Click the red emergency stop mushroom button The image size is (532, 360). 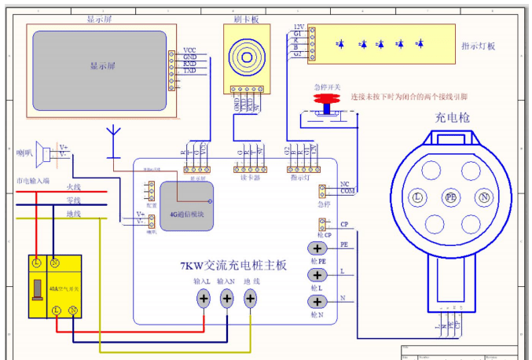(x=325, y=99)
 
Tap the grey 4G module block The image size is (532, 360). (x=187, y=207)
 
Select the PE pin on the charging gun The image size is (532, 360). (x=450, y=197)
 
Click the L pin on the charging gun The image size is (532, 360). (x=418, y=197)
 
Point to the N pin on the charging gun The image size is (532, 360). (x=484, y=197)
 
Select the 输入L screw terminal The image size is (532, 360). (x=204, y=298)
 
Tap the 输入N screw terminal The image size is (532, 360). (x=227, y=298)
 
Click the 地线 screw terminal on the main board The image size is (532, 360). (x=251, y=298)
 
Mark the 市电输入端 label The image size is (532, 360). (x=33, y=181)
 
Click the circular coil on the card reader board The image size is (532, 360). (x=244, y=57)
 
